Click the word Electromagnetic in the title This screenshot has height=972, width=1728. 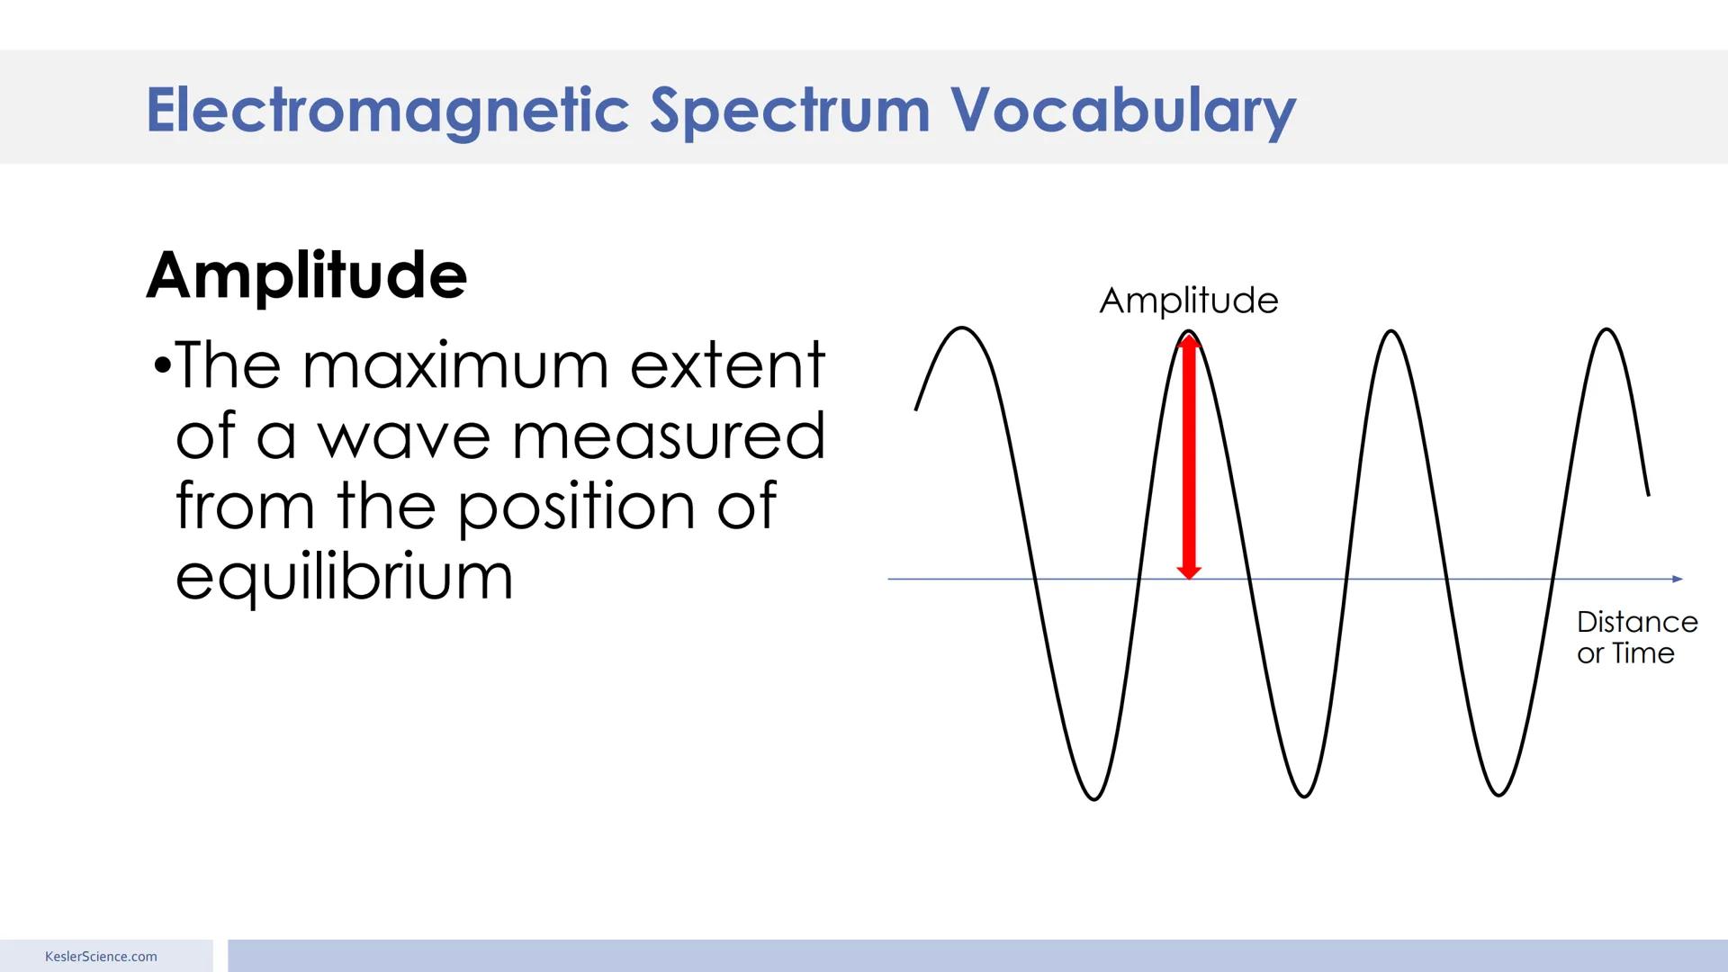387,111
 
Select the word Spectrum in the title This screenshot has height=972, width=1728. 789,111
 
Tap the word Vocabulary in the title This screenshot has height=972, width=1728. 1122,111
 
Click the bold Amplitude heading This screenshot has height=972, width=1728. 307,275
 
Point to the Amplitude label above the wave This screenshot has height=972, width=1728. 1188,301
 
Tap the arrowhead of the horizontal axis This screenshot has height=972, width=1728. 1678,579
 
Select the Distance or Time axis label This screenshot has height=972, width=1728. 1636,637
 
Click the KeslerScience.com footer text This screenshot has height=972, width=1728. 101,957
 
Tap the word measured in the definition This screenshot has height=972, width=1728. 668,436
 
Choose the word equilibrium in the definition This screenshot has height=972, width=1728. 344,578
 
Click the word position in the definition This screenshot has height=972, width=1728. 577,507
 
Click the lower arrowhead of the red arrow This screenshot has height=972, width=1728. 1189,571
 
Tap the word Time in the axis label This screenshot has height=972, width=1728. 1643,653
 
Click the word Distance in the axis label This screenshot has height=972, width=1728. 1637,622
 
